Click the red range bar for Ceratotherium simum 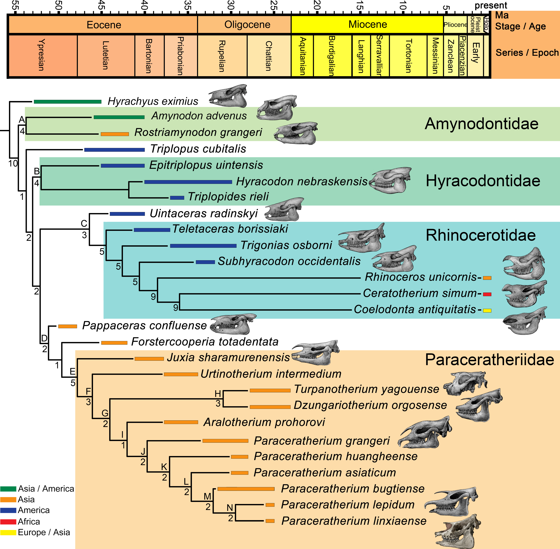click(487, 294)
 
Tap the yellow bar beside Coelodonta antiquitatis click(487, 310)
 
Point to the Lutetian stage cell click(106, 55)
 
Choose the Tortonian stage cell click(408, 55)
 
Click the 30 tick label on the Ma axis click(230, 5)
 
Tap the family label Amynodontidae click(481, 124)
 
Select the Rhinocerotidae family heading click(480, 235)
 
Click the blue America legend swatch click(8, 510)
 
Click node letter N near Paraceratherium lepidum click(230, 508)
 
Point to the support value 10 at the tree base click(13, 164)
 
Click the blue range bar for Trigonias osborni click(203, 246)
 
